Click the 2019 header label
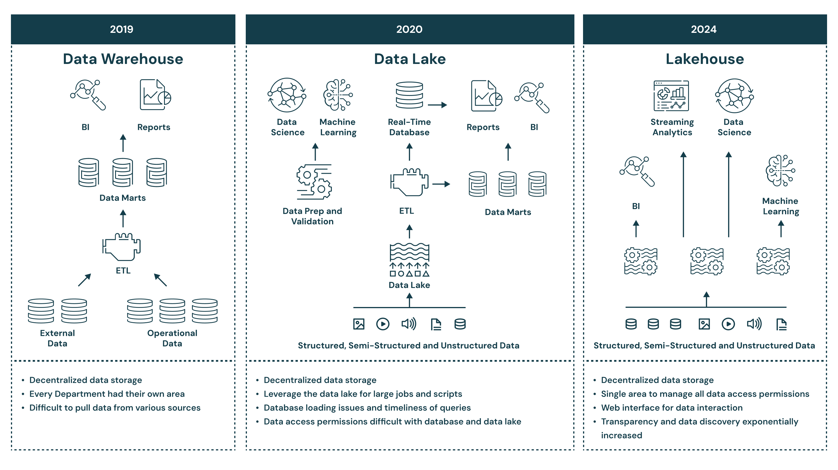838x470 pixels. pyautogui.click(x=121, y=29)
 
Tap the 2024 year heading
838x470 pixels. pyautogui.click(x=703, y=29)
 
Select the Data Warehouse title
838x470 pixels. pyautogui.click(x=123, y=59)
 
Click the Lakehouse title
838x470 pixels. pyautogui.click(x=705, y=59)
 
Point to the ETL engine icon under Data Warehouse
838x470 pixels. pyautogui.click(x=121, y=247)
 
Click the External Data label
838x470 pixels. pyautogui.click(x=57, y=338)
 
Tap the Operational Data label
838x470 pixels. pyautogui.click(x=172, y=338)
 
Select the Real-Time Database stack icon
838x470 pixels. pyautogui.click(x=409, y=95)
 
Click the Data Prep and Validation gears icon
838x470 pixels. pyautogui.click(x=314, y=182)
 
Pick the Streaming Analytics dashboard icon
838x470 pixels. pyautogui.click(x=671, y=96)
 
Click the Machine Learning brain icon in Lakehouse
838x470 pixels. pyautogui.click(x=780, y=170)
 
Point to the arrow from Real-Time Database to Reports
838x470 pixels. pyautogui.click(x=437, y=105)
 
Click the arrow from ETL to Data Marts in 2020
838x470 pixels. pyautogui.click(x=441, y=184)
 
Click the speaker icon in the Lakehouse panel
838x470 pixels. pyautogui.click(x=754, y=324)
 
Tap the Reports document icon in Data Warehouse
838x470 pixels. pyautogui.click(x=155, y=95)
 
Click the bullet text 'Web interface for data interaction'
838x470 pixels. pyautogui.click(x=671, y=408)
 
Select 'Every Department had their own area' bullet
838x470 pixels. pyautogui.click(x=107, y=394)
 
